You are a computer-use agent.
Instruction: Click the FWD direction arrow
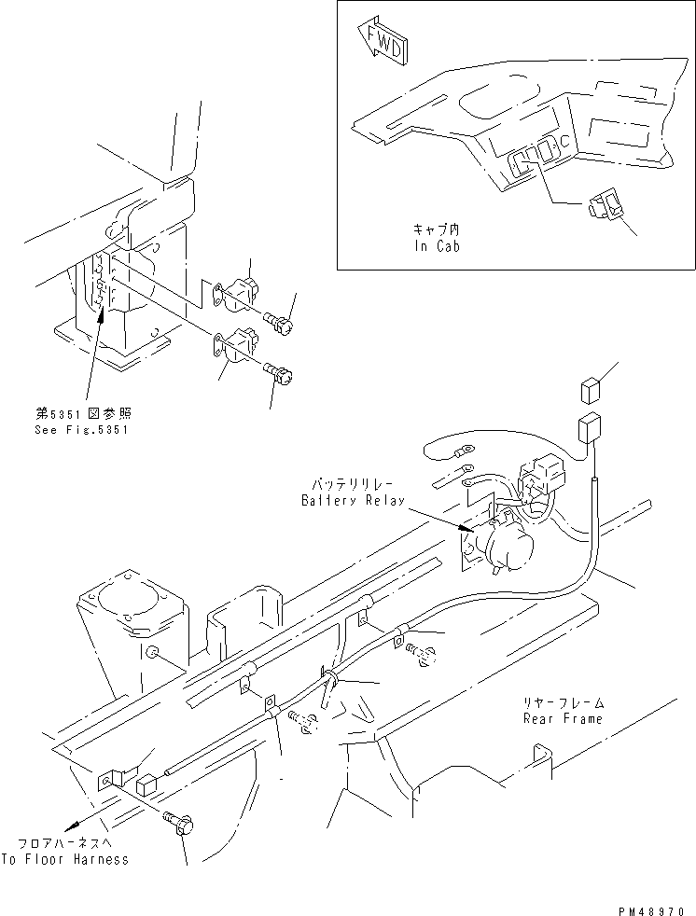click(380, 41)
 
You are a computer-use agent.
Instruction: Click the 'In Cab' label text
click(438, 246)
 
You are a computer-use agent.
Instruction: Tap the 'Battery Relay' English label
click(353, 501)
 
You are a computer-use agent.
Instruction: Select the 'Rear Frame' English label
click(563, 718)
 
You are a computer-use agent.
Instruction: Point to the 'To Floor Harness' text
click(65, 859)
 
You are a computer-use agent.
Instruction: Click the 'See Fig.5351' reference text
click(82, 430)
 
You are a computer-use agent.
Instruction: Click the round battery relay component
click(507, 547)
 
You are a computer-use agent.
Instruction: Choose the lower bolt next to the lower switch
click(279, 371)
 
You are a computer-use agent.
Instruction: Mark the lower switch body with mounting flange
click(236, 345)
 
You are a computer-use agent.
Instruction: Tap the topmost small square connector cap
click(591, 390)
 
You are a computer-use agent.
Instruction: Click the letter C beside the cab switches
click(564, 141)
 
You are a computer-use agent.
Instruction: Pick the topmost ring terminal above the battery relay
click(466, 451)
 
